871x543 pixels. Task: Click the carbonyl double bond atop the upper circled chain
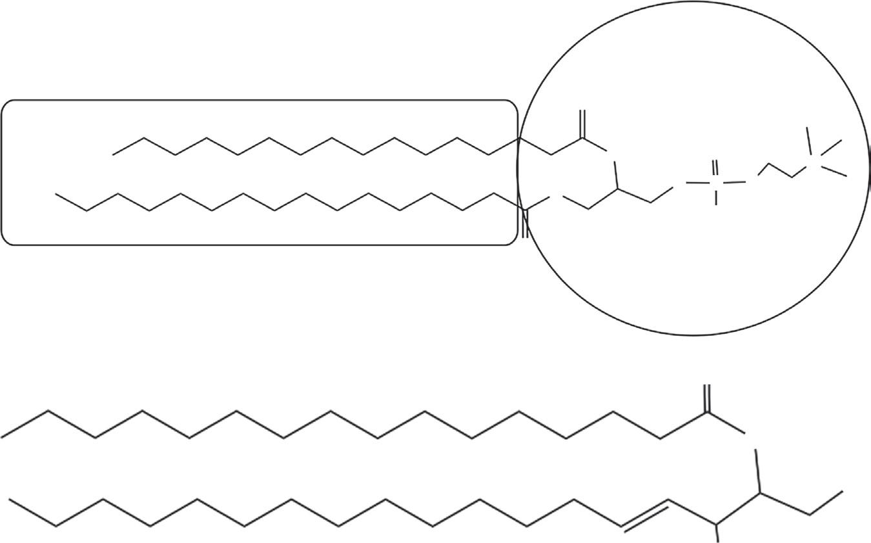[x=582, y=124]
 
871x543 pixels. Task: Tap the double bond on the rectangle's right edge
[x=526, y=223]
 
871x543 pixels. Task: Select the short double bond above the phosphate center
[x=715, y=167]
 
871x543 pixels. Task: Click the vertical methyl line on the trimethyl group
[x=808, y=142]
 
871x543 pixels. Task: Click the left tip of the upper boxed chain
[x=114, y=154]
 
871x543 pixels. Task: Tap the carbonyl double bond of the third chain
[x=707, y=398]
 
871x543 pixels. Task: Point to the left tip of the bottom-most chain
[x=10, y=499]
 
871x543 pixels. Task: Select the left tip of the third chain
[x=3, y=438]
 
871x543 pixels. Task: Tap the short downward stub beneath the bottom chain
[x=717, y=531]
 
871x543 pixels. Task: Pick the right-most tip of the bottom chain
[x=842, y=491]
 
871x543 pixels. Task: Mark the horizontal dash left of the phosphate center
[x=697, y=183]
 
